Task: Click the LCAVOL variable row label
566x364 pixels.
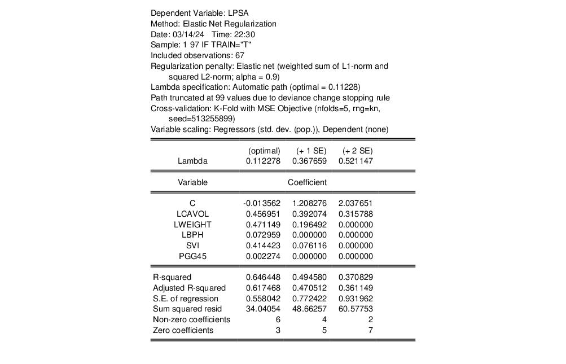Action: pyautogui.click(x=192, y=214)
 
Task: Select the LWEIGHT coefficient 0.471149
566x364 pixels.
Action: pyautogui.click(x=263, y=225)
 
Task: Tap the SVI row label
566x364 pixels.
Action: pyautogui.click(x=192, y=245)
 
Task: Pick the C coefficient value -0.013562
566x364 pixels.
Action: pyautogui.click(x=262, y=203)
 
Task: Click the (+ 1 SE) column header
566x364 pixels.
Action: pyautogui.click(x=311, y=151)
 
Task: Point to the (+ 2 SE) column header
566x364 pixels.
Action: pyautogui.click(x=357, y=151)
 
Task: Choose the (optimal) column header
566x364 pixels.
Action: pyautogui.click(x=264, y=151)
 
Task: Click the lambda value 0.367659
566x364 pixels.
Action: pyautogui.click(x=309, y=161)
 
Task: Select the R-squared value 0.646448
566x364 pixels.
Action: pyautogui.click(x=263, y=277)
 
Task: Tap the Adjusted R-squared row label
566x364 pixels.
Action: pyautogui.click(x=189, y=288)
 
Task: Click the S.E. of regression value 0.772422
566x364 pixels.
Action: pyautogui.click(x=309, y=299)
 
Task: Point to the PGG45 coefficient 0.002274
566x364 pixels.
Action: pyautogui.click(x=263, y=256)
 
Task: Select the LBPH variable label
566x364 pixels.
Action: pyautogui.click(x=192, y=235)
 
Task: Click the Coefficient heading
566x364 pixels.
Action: pyautogui.click(x=307, y=182)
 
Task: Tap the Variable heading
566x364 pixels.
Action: pyautogui.click(x=192, y=182)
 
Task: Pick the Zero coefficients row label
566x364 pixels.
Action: pyautogui.click(x=183, y=330)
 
